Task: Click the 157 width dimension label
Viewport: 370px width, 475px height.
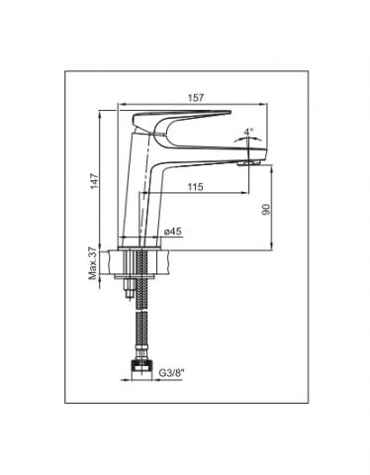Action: [196, 98]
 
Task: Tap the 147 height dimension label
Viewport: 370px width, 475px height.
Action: [95, 181]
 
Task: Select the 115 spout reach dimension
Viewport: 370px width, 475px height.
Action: [195, 187]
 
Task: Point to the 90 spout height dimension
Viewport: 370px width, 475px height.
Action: [266, 210]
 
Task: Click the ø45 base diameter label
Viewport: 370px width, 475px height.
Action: [173, 232]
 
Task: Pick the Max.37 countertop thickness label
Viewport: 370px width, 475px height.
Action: [93, 263]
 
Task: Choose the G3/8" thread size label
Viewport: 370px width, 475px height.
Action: [170, 373]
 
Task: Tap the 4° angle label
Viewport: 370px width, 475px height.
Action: [248, 132]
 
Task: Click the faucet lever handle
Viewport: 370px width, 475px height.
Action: [181, 120]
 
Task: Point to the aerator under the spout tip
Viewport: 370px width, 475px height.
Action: [249, 162]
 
